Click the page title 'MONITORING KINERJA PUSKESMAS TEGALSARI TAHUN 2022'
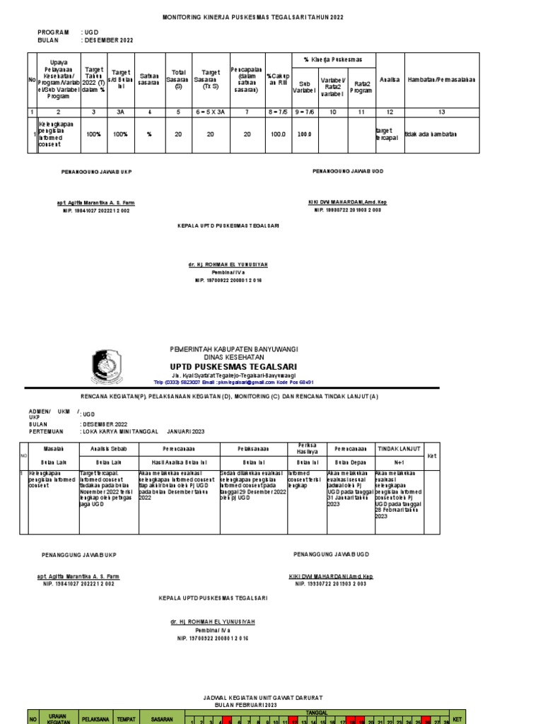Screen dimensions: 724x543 252,16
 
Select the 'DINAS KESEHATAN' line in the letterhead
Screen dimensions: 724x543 233,357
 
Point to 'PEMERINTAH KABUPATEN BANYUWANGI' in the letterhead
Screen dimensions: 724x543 233,349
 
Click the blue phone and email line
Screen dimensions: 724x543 233,382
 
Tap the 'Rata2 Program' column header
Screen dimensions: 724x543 361,87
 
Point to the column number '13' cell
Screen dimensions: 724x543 441,112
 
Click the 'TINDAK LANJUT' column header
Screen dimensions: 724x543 399,448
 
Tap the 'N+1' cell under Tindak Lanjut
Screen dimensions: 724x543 399,460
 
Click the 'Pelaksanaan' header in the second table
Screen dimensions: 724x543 251,449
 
